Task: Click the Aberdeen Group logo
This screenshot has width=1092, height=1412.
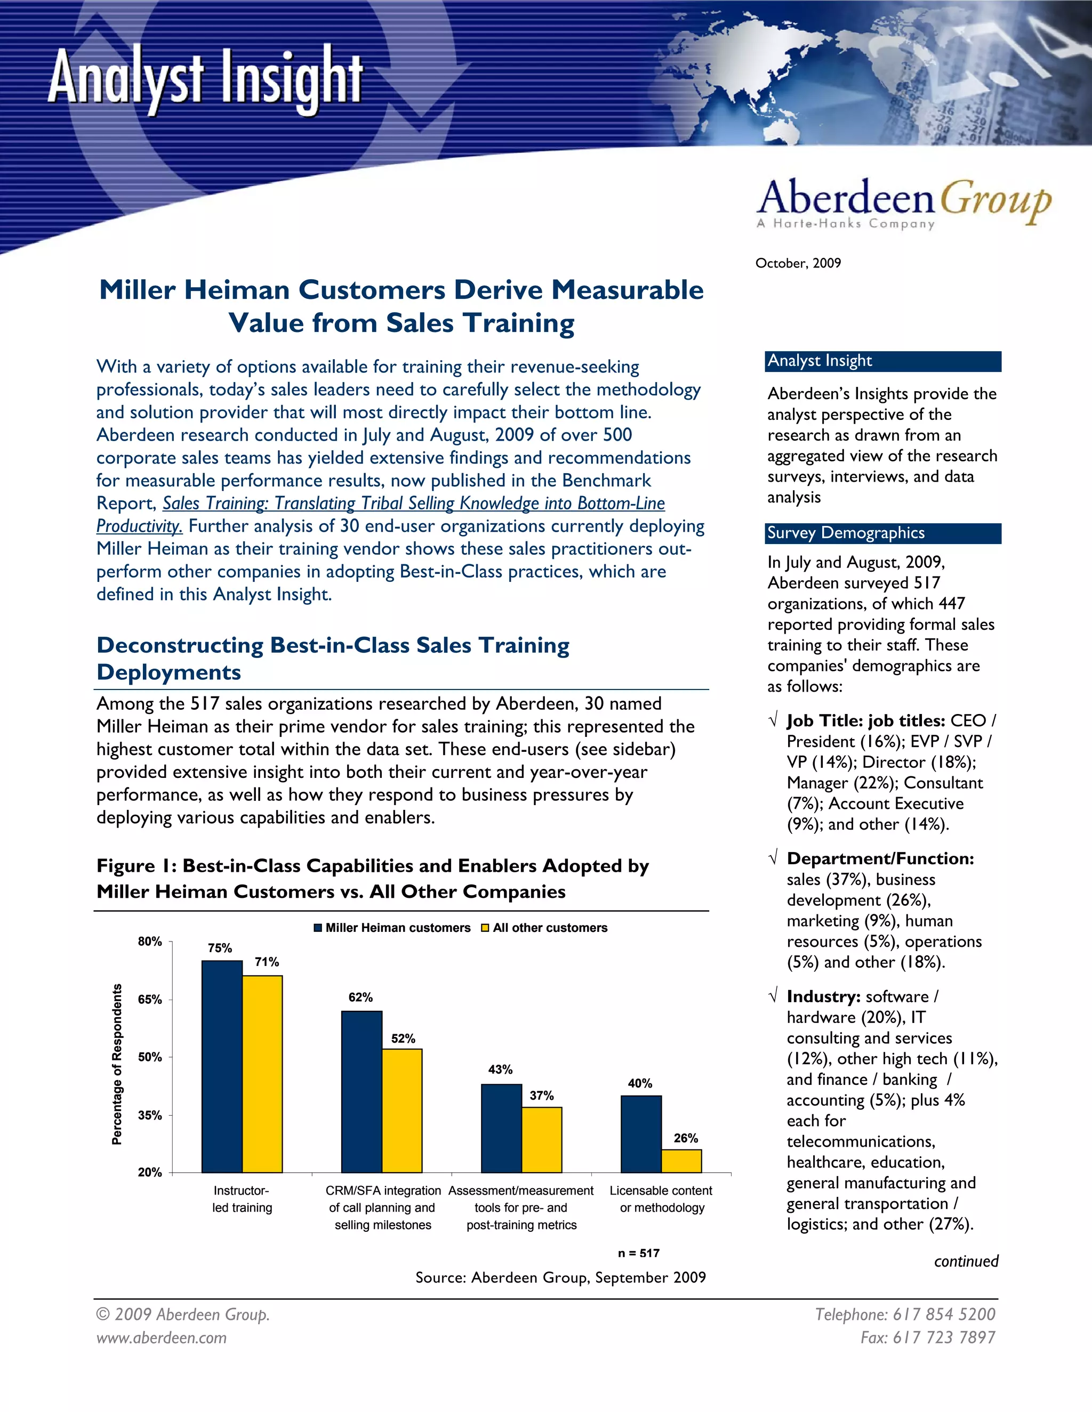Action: tap(904, 203)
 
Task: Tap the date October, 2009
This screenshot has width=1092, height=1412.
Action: tap(798, 263)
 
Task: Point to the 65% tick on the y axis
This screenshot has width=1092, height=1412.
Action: tap(150, 1000)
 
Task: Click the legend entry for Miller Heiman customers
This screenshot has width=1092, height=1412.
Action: tap(392, 928)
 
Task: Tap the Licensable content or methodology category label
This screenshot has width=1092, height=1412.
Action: tap(661, 1199)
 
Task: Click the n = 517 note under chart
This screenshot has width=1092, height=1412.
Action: tap(638, 1253)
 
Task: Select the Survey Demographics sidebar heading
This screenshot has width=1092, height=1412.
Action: tap(846, 533)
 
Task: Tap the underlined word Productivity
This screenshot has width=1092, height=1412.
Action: tap(139, 526)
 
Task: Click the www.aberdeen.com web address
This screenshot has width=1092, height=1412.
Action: tap(162, 1337)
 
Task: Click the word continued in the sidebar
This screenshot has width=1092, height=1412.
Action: tap(966, 1261)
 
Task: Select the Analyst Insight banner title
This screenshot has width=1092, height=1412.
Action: tap(205, 79)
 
